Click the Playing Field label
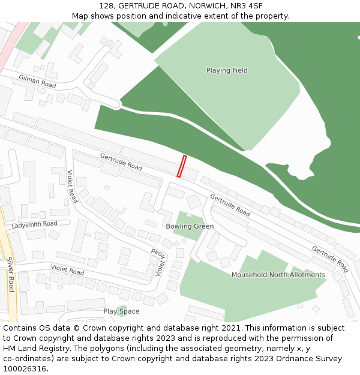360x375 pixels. coord(227,71)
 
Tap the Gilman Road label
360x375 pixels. coord(37,82)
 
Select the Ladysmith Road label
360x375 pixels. coord(34,225)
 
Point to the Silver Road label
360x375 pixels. coord(10,275)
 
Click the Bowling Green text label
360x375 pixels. coord(190,227)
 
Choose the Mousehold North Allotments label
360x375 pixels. coord(278,275)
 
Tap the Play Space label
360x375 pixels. coord(121,311)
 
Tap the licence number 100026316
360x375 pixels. coord(25,369)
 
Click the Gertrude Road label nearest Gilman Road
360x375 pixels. coord(121,162)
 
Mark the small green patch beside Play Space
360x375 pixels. coord(122,309)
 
